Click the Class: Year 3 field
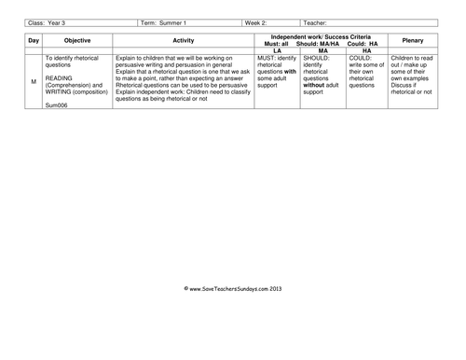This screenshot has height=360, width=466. (x=47, y=22)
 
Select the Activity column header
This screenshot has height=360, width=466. (x=182, y=42)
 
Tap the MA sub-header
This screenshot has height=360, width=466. (x=322, y=52)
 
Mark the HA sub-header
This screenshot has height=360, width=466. (x=367, y=52)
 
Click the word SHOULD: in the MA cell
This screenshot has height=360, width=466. (x=317, y=59)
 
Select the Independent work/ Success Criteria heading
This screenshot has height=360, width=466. (x=321, y=37)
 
